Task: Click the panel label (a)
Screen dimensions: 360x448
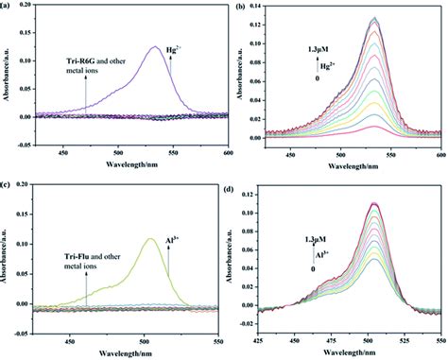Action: (x=9, y=8)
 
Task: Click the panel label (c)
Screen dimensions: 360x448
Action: (x=9, y=186)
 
